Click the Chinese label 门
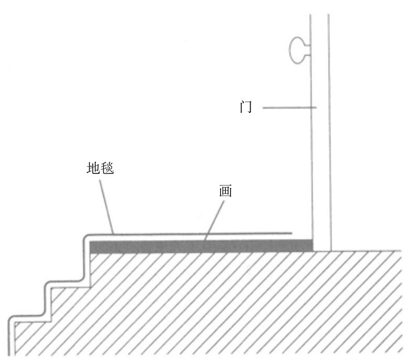[x=245, y=108]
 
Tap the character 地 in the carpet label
[x=93, y=168]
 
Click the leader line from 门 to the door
[x=288, y=108]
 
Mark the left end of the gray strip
[x=91, y=247]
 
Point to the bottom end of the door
[x=322, y=248]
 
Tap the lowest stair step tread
[x=29, y=317]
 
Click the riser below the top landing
[x=84, y=264]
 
